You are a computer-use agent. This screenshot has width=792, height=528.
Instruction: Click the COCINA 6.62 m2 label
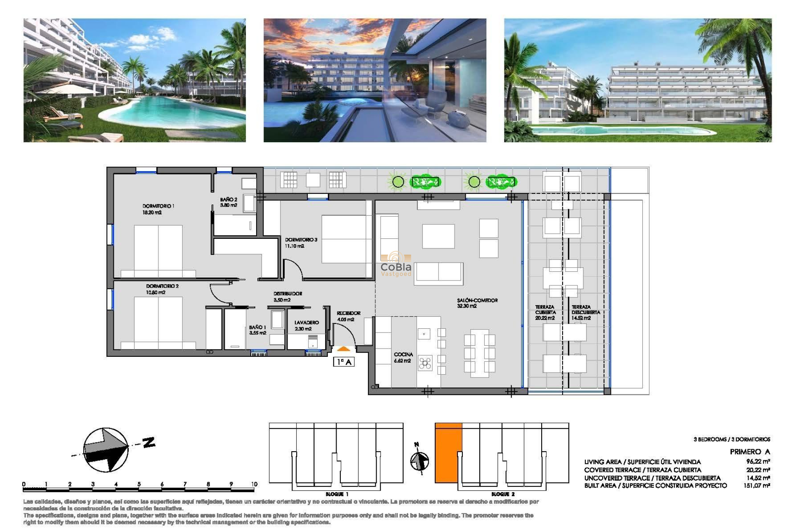click(x=403, y=357)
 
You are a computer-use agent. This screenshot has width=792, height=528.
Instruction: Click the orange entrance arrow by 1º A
click(x=343, y=349)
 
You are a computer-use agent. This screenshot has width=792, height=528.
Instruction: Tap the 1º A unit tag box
click(x=344, y=362)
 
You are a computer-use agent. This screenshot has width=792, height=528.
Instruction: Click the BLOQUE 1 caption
click(x=337, y=494)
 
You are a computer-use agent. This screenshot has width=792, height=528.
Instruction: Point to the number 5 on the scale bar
click(x=139, y=484)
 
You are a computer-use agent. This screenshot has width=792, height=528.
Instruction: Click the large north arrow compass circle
click(x=106, y=450)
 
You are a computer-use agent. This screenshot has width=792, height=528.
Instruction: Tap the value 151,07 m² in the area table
click(x=757, y=486)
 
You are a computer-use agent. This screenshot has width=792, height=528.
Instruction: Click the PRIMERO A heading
click(x=749, y=452)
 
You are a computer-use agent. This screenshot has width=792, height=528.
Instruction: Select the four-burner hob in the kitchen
click(x=424, y=363)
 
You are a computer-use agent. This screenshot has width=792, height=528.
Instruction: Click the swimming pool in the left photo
click(x=165, y=111)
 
